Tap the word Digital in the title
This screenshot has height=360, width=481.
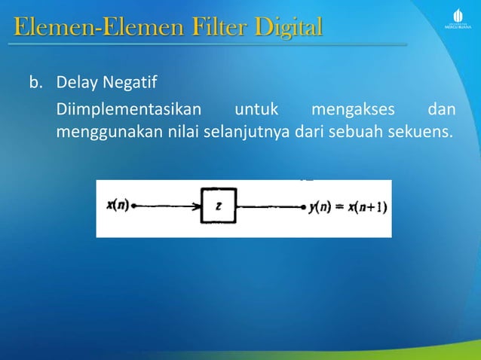288,29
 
